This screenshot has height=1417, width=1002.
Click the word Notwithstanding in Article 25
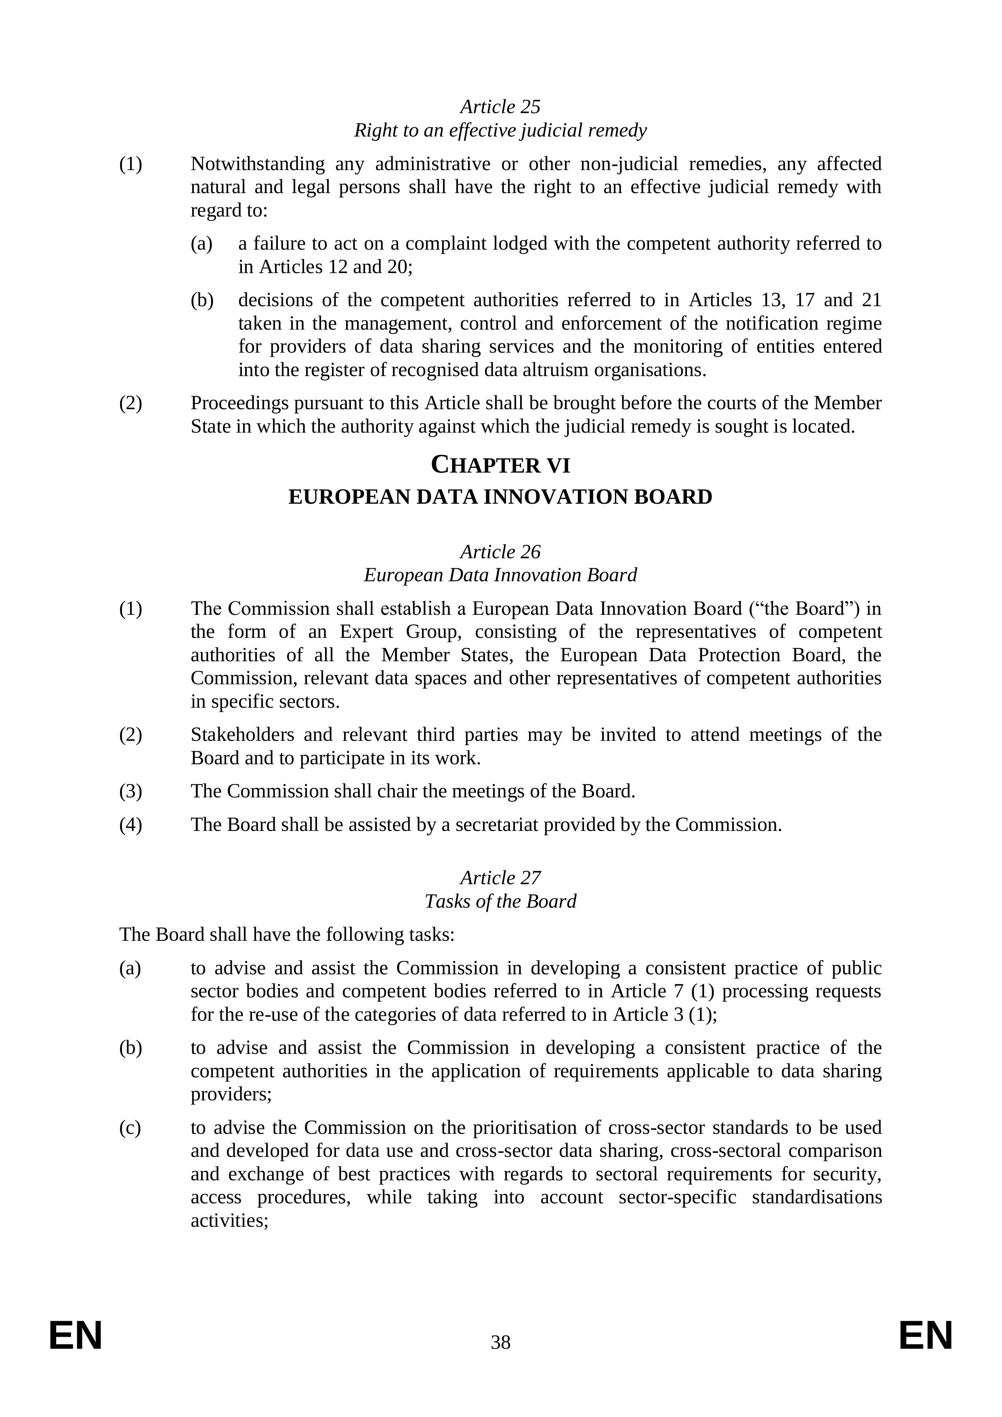coord(257,164)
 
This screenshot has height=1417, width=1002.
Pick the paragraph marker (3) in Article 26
coord(130,791)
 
